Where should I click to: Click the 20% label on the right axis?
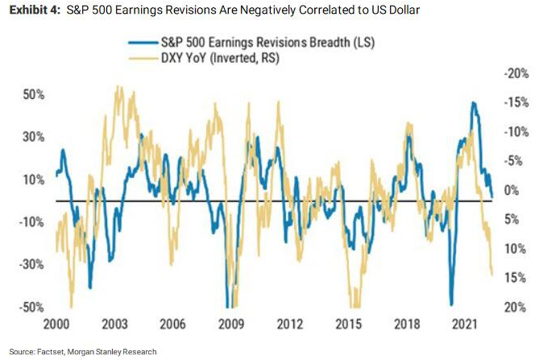point(513,307)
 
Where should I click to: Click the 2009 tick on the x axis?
point(232,324)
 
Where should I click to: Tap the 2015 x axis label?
point(347,324)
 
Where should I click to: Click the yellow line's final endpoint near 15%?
point(492,275)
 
